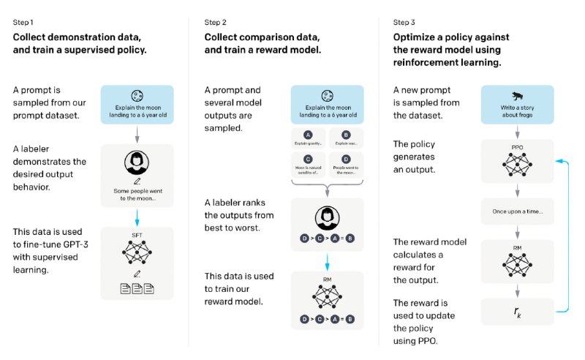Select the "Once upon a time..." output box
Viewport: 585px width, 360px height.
coord(517,211)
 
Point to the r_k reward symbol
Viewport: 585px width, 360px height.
coord(517,312)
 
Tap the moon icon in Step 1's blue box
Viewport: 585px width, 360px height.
coord(136,95)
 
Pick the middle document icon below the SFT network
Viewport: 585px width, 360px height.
coord(136,288)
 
